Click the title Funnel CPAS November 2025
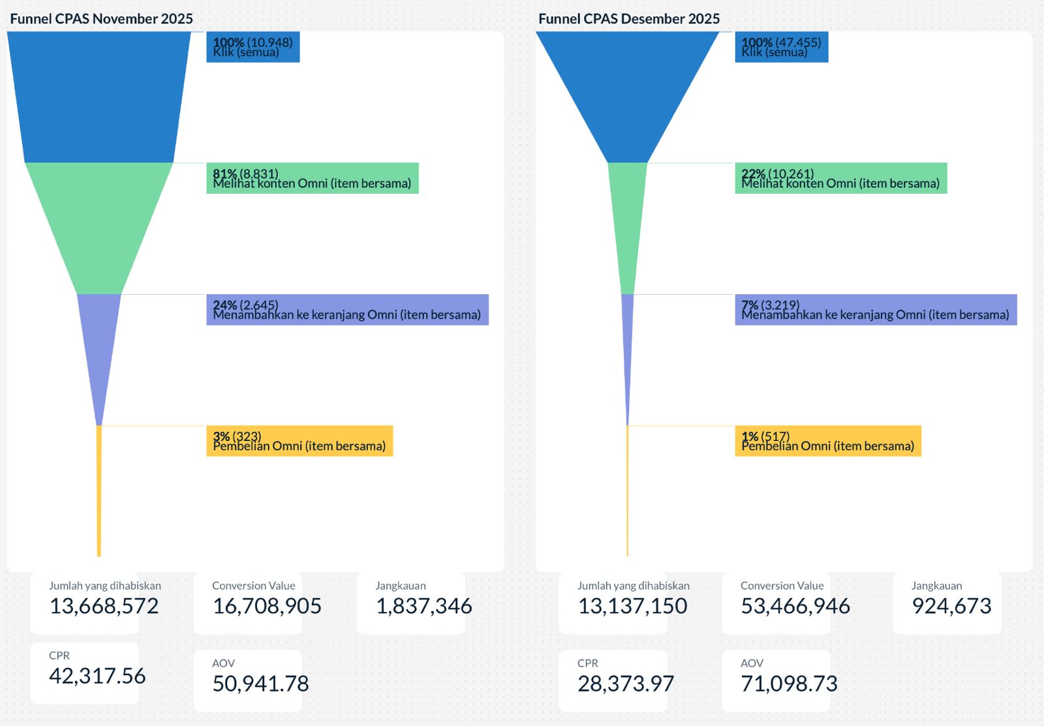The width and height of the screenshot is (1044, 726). click(x=101, y=18)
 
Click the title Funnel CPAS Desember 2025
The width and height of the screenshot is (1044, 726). click(x=628, y=18)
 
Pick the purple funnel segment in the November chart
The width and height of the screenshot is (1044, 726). click(x=99, y=346)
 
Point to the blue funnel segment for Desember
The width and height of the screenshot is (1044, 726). click(x=627, y=91)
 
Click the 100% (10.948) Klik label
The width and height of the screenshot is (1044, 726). click(x=253, y=47)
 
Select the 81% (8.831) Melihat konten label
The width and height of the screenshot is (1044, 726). click(x=312, y=178)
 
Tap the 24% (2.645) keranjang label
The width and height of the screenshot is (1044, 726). click(x=347, y=310)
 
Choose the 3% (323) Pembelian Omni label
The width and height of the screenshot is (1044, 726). click(x=299, y=441)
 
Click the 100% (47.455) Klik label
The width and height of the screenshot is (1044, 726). click(x=781, y=47)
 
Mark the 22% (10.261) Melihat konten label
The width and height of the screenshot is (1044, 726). click(x=840, y=178)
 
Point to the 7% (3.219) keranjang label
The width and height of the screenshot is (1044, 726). click(x=876, y=310)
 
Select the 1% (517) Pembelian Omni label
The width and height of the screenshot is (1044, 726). click(x=828, y=441)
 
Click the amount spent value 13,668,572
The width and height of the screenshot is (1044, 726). click(x=104, y=606)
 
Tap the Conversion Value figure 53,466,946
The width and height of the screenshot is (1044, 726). click(x=795, y=606)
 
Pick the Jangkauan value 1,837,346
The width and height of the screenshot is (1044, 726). click(x=423, y=606)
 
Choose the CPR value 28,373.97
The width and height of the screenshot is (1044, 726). click(x=625, y=684)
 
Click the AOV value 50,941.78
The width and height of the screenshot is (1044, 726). click(x=260, y=684)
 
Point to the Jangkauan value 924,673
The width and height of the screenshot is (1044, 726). click(x=951, y=606)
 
